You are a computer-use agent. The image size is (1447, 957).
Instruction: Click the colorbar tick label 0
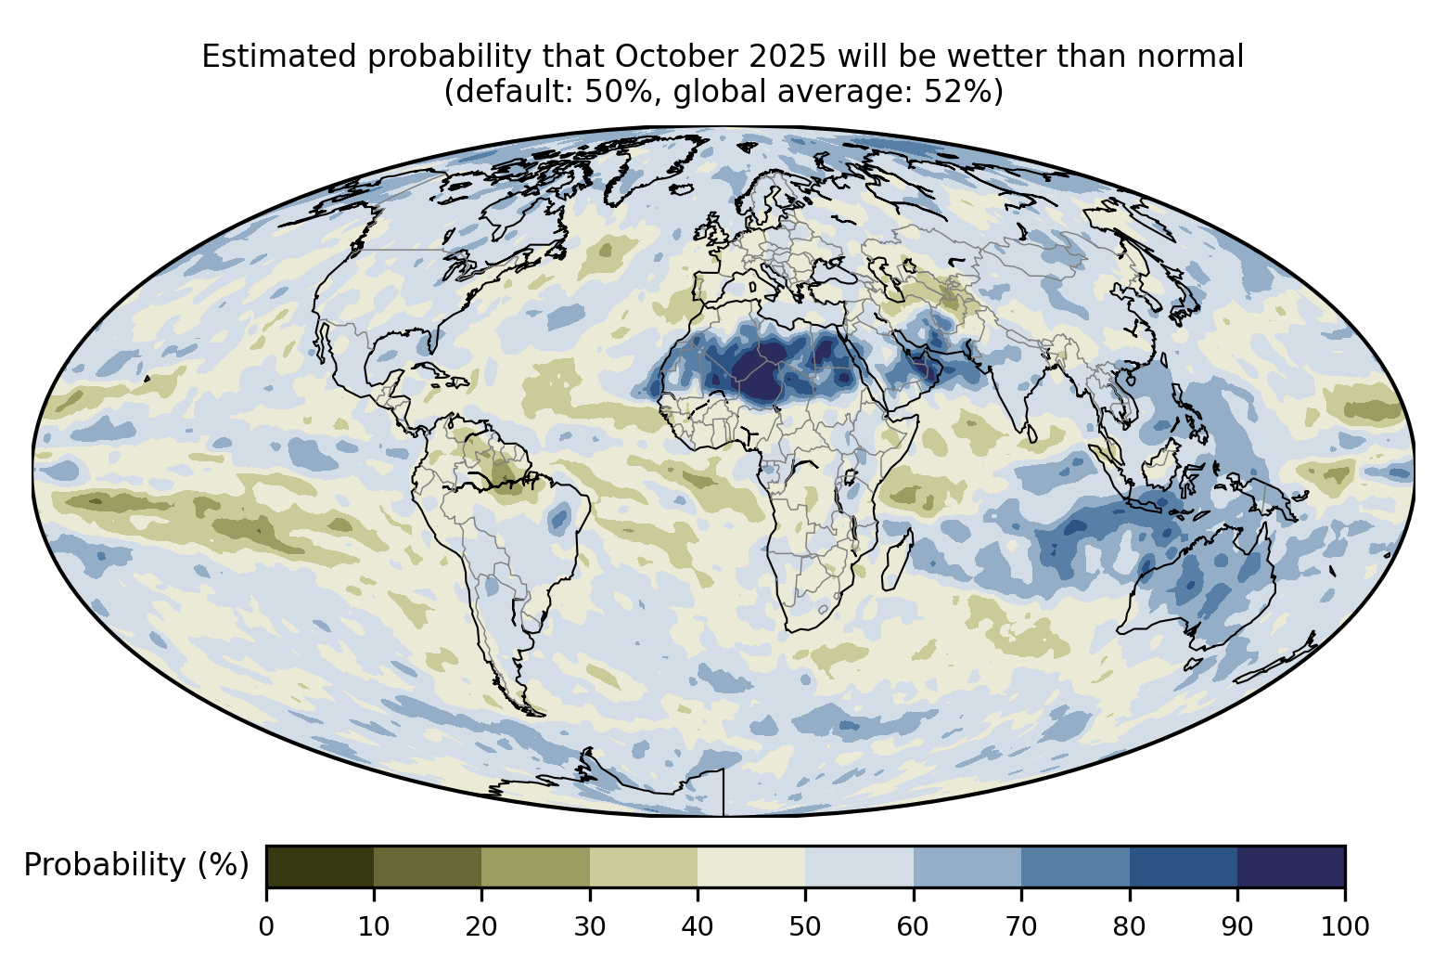pyautogui.click(x=266, y=925)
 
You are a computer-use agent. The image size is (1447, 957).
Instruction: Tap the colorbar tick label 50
pyautogui.click(x=805, y=925)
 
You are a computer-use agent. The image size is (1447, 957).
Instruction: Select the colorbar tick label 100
pyautogui.click(x=1344, y=925)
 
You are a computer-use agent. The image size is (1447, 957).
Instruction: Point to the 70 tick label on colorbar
pyautogui.click(x=1021, y=925)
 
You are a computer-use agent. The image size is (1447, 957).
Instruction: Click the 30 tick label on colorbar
pyautogui.click(x=590, y=925)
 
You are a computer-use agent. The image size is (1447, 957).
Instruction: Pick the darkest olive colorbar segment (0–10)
pyautogui.click(x=320, y=866)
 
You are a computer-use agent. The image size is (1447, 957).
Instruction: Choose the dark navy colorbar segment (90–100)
pyautogui.click(x=1291, y=866)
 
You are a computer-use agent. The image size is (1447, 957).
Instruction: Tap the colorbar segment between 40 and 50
pyautogui.click(x=751, y=866)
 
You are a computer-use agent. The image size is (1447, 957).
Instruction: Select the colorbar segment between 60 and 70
pyautogui.click(x=967, y=866)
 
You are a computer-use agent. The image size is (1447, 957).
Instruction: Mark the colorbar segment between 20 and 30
pyautogui.click(x=536, y=866)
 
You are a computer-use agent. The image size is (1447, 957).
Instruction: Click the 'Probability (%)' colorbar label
pyautogui.click(x=136, y=865)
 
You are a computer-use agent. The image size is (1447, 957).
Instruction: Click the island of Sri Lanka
pyautogui.click(x=1031, y=433)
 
